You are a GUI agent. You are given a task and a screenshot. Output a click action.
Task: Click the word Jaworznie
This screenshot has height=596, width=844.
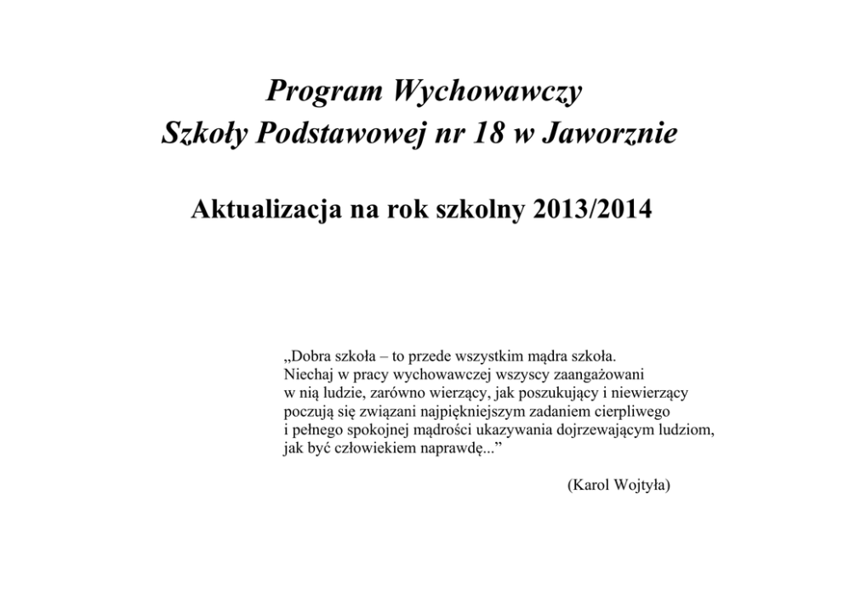coord(621,135)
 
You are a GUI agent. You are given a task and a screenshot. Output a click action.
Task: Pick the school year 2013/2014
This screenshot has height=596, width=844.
coord(588,209)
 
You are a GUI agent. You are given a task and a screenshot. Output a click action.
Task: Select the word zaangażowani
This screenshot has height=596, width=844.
coord(607,373)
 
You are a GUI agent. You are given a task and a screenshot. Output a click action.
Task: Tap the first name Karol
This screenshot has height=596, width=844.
coord(590,485)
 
